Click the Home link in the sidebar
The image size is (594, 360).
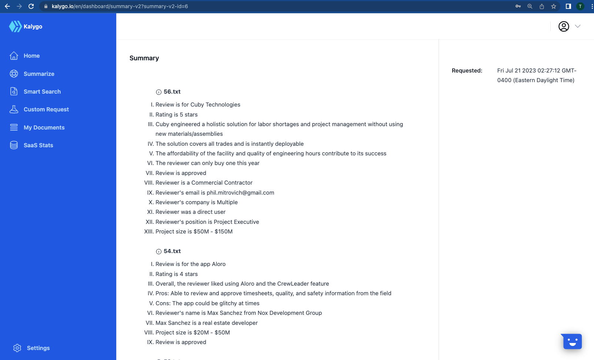31,56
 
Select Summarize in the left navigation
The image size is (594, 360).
39,74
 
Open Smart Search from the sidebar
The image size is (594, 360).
42,92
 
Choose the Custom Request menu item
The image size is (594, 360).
46,110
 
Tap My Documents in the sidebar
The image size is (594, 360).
44,128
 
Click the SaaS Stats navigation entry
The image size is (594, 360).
38,145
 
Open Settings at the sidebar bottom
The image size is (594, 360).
38,348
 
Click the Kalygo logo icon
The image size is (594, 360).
15,27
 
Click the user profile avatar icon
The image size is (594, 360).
563,27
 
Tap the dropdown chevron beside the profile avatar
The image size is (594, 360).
577,26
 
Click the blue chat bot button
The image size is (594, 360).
572,342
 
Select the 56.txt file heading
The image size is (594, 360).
172,92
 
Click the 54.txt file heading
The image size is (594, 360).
172,251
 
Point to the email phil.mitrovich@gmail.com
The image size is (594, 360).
240,193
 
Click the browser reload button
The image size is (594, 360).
31,6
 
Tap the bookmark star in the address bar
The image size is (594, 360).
553,6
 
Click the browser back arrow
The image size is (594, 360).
7,6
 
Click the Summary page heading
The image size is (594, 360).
144,58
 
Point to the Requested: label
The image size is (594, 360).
467,71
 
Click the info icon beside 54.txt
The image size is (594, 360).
159,252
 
